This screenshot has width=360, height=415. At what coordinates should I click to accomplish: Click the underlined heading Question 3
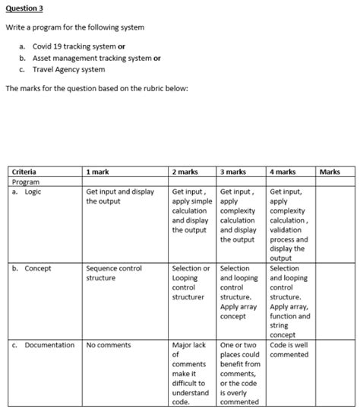[x=24, y=10]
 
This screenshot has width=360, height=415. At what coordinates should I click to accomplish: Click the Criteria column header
[x=24, y=173]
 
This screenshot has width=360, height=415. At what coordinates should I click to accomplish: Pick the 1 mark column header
[x=98, y=173]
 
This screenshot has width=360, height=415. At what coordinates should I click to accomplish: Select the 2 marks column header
[x=187, y=173]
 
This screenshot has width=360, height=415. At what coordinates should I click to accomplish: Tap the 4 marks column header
[x=283, y=173]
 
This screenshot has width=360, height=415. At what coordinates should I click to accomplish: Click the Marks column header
[x=330, y=173]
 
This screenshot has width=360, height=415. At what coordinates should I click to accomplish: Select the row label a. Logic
[x=27, y=192]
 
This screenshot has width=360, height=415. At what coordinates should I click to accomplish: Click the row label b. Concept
[x=31, y=268]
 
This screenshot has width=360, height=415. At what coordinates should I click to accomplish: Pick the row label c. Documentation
[x=43, y=345]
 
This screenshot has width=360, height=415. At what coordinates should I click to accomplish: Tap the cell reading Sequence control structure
[x=114, y=273]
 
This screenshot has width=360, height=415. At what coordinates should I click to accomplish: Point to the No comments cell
[x=109, y=345]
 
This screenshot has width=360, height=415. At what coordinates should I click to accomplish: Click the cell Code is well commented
[x=289, y=350]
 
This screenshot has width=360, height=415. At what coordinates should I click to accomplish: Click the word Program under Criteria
[x=26, y=182]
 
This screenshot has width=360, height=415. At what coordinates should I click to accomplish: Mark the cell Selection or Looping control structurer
[x=191, y=282]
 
